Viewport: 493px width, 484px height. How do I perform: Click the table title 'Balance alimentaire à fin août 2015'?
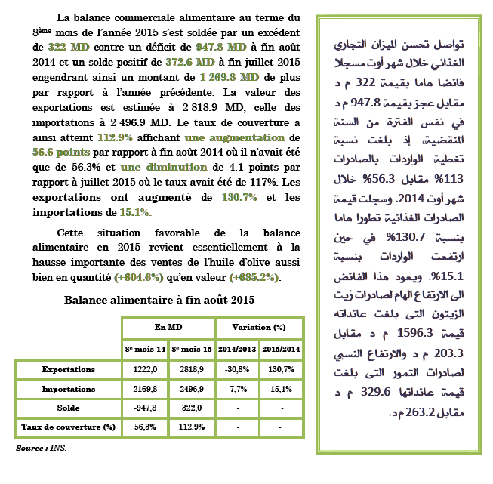point(159,300)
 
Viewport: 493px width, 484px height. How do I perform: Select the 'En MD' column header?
point(168,327)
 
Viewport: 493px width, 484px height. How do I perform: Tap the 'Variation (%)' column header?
point(258,327)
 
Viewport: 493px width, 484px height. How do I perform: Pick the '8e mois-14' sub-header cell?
point(145,350)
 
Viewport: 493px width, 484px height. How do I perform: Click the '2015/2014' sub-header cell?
point(281,350)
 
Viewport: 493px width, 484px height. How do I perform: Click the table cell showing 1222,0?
point(145,370)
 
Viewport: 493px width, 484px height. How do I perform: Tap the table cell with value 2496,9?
point(192,390)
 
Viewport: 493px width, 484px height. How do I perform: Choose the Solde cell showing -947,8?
point(145,408)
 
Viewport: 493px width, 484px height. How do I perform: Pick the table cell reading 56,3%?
point(145,427)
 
